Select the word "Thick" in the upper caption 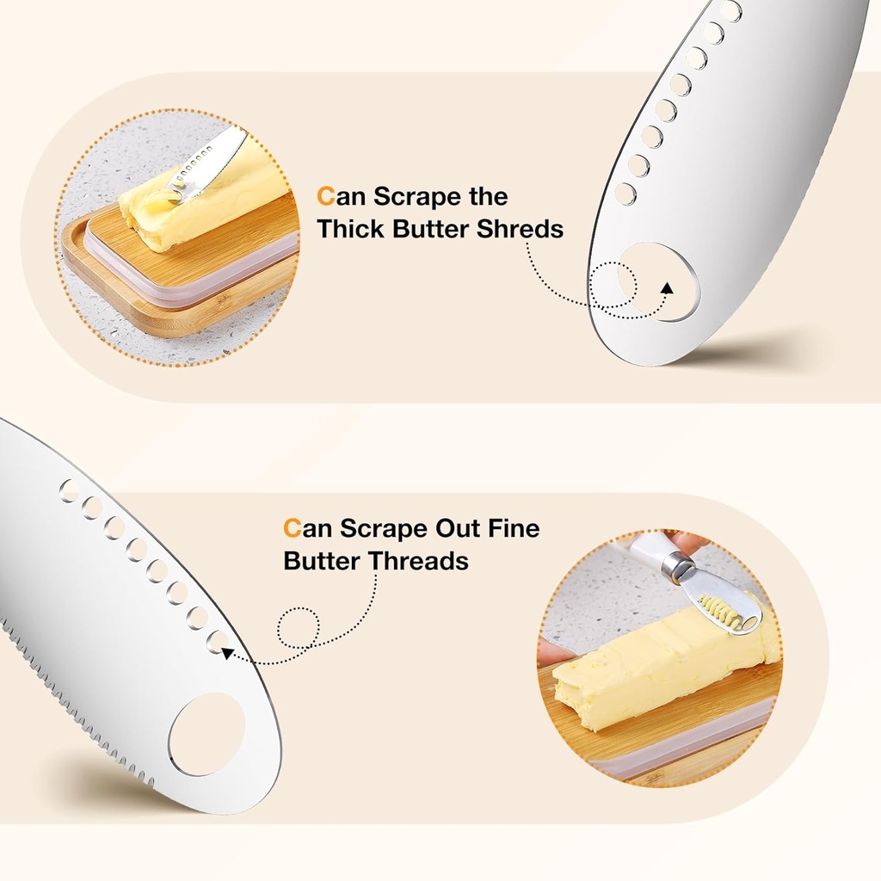[x=351, y=230]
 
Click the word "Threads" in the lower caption [x=419, y=561]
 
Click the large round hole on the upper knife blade [x=659, y=282]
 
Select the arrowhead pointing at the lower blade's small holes [x=227, y=654]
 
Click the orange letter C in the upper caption [x=324, y=197]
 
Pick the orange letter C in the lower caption [x=292, y=527]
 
